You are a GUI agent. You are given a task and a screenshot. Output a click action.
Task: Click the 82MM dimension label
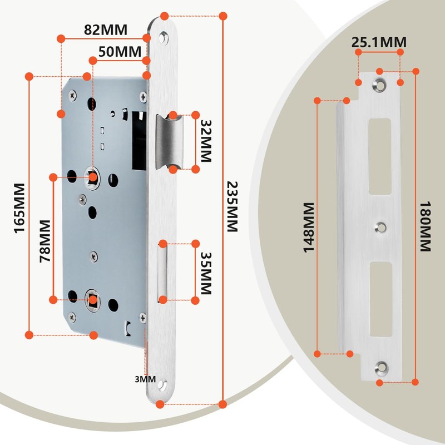click(x=106, y=29)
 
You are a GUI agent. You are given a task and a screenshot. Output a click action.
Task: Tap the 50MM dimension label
click(x=120, y=52)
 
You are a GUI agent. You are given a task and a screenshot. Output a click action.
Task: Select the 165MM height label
click(x=19, y=208)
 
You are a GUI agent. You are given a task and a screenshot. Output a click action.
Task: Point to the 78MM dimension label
click(x=45, y=241)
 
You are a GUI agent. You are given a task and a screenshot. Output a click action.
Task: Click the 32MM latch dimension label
click(x=206, y=141)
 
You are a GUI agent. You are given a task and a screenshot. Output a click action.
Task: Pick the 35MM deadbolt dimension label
click(x=206, y=273)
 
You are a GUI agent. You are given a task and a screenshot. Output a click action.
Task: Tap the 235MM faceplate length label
click(x=232, y=206)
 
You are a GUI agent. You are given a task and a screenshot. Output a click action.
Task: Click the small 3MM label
click(x=145, y=379)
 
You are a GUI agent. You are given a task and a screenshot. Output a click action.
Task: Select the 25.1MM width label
click(x=379, y=42)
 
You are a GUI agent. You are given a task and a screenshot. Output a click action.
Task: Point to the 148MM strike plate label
click(x=309, y=228)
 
